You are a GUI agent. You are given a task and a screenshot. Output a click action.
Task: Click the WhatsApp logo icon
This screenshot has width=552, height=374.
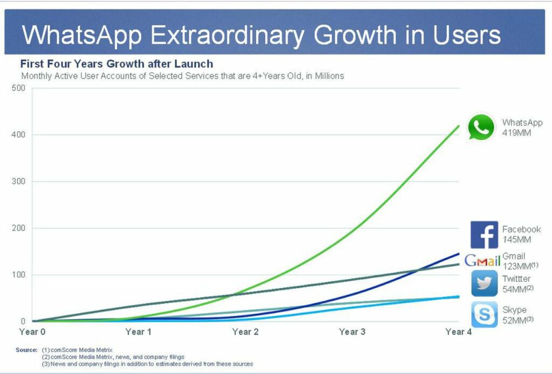click(x=481, y=127)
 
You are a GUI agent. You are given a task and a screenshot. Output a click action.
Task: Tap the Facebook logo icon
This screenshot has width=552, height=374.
click(x=484, y=235)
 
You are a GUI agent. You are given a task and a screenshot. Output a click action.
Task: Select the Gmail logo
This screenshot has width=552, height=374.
click(x=482, y=261)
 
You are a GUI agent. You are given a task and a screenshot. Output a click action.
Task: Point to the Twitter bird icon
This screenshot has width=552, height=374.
click(x=484, y=283)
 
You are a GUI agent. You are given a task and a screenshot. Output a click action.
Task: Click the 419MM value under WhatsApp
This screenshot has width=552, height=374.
click(x=516, y=132)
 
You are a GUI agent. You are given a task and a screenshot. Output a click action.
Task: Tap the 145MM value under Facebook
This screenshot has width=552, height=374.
click(x=516, y=239)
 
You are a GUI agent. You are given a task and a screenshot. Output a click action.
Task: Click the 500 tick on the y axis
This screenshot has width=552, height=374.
click(x=18, y=88)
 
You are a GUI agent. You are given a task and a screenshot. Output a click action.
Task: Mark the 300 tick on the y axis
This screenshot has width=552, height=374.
click(x=18, y=182)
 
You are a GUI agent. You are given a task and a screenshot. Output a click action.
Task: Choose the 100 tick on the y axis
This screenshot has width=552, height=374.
click(x=18, y=275)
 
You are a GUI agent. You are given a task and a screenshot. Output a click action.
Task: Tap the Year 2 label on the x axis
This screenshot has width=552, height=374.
click(x=245, y=332)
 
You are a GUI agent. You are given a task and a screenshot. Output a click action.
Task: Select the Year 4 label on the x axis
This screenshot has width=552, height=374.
click(x=459, y=332)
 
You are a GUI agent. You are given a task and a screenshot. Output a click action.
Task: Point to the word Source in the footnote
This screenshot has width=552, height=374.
click(x=26, y=350)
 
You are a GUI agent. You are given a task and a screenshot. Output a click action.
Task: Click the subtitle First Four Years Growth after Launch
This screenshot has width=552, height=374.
click(x=116, y=64)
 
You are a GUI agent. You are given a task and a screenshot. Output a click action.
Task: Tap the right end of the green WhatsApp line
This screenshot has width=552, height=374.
click(x=459, y=126)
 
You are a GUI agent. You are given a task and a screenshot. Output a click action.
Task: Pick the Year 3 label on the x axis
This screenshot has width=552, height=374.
click(x=352, y=332)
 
